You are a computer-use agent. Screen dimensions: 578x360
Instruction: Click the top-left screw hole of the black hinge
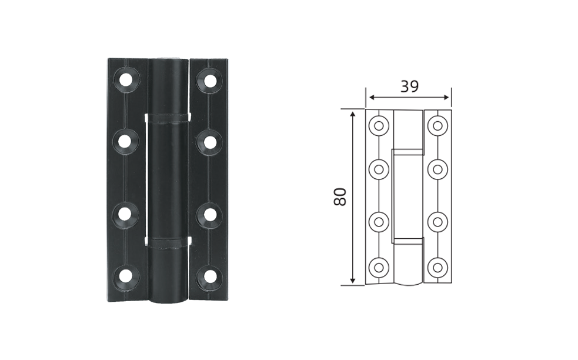point(125,79)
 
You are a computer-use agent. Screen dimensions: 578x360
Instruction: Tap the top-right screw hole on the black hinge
point(210,81)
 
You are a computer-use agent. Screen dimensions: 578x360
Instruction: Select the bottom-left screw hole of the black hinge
point(125,275)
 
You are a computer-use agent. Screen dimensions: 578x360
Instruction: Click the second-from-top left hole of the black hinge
point(125,141)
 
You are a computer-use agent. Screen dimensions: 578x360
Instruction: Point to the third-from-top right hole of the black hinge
point(210,215)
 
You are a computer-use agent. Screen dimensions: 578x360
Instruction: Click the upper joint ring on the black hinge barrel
point(168,117)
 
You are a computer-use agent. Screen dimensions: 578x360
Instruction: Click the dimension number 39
point(410,86)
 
